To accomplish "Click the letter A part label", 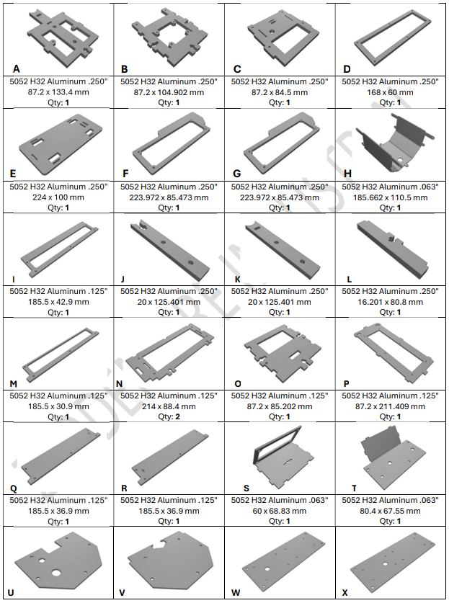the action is pyautogui.click(x=16, y=69).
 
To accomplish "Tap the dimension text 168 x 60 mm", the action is pyautogui.click(x=390, y=92).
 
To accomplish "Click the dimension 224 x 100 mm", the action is pyautogui.click(x=58, y=197).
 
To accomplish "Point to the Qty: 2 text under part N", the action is pyautogui.click(x=169, y=416).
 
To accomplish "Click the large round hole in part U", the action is pyautogui.click(x=56, y=573).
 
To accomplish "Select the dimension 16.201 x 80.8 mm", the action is pyautogui.click(x=390, y=302).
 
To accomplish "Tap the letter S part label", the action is pyautogui.click(x=246, y=488).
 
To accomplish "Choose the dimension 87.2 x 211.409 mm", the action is pyautogui.click(x=390, y=406).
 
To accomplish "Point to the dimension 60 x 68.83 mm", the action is pyautogui.click(x=280, y=511).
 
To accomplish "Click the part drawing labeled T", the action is pyautogui.click(x=394, y=458).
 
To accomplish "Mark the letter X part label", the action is pyautogui.click(x=344, y=593).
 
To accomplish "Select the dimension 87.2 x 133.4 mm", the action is pyautogui.click(x=58, y=92).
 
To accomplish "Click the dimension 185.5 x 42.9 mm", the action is pyautogui.click(x=58, y=302).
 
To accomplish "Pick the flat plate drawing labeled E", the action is pyautogui.click(x=61, y=145).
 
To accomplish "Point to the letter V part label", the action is pyautogui.click(x=122, y=593).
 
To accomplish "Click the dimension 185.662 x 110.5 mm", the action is pyautogui.click(x=390, y=197).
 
